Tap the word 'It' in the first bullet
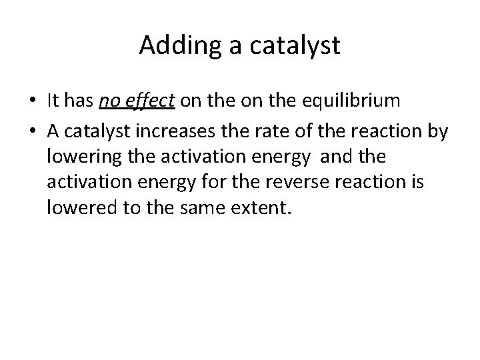[x=53, y=101]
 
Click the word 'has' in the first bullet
[x=79, y=101]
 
